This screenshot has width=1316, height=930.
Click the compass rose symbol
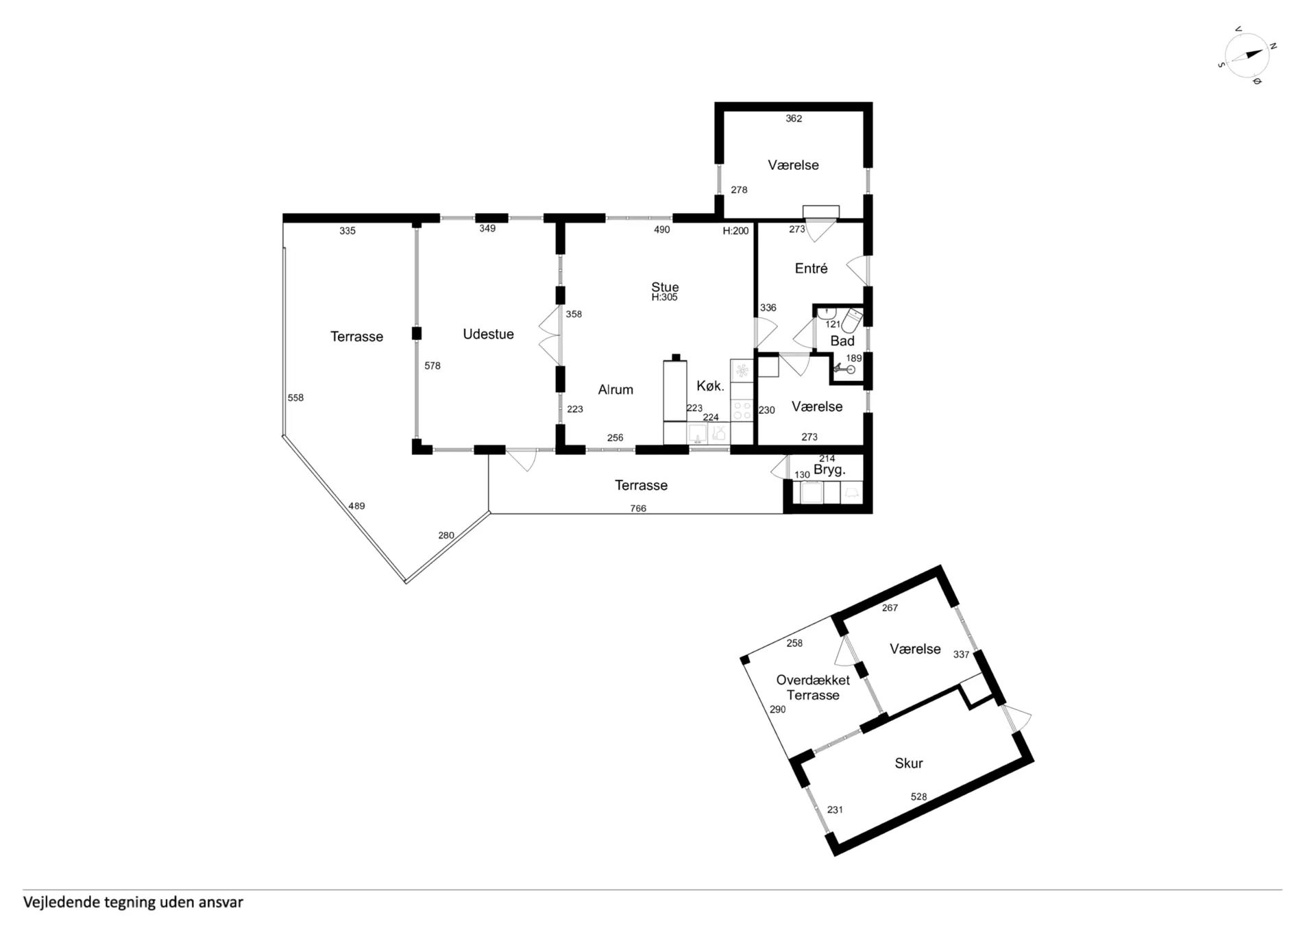coord(1247,56)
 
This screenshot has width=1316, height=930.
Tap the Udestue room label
coord(488,334)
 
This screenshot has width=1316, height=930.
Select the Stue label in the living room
coord(665,287)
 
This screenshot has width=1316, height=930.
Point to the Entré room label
coord(811,269)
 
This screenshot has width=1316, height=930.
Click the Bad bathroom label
coord(842,341)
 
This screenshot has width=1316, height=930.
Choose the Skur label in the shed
coord(909,763)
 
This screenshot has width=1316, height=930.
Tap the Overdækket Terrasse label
coord(813,687)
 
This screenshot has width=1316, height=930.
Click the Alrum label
coord(616,390)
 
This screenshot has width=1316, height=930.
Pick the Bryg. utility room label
coord(829,470)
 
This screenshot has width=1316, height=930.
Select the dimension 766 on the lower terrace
coord(638,509)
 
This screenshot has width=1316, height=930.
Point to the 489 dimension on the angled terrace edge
coord(356,506)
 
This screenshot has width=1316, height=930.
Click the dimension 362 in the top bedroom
coord(794,119)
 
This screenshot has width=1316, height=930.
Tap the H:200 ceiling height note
coord(735,231)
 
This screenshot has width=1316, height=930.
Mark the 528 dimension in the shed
coord(918,797)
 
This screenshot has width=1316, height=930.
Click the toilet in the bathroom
coord(852,320)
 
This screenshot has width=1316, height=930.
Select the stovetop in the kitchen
coord(742,411)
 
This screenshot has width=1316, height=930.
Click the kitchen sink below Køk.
coord(698,433)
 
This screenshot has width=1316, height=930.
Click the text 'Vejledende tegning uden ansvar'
coord(133,903)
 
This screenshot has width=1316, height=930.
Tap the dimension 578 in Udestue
coord(432,366)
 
